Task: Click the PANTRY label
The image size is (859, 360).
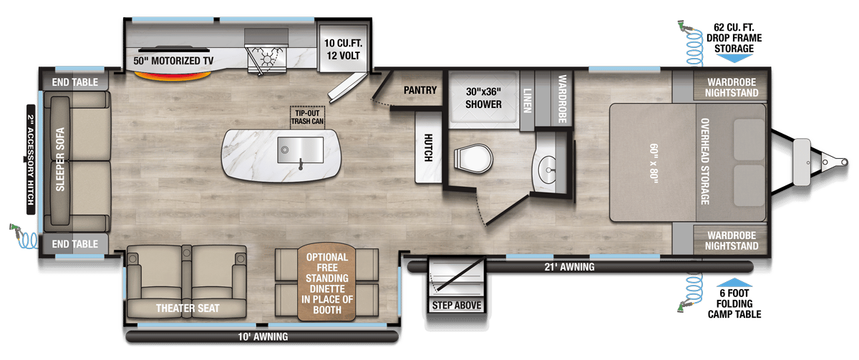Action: click(419, 90)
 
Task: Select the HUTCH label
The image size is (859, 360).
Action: click(427, 147)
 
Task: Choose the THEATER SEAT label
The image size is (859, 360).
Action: click(188, 308)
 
